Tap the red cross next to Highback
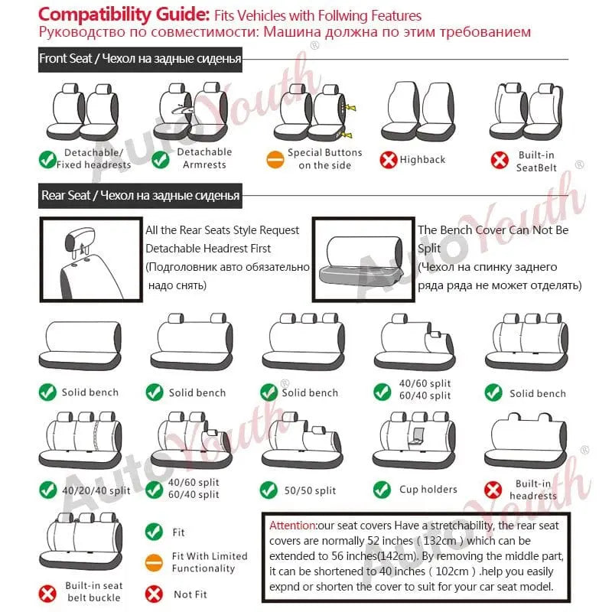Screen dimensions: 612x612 pyautogui.click(x=389, y=160)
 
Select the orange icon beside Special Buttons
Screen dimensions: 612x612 pyautogui.click(x=275, y=160)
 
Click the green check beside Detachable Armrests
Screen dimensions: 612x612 pyautogui.click(x=161, y=159)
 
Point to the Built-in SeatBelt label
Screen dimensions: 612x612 pyautogui.click(x=535, y=161)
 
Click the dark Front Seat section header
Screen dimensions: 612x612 pyautogui.click(x=141, y=59)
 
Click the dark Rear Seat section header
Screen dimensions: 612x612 pyautogui.click(x=141, y=196)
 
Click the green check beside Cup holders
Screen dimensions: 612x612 pyautogui.click(x=382, y=490)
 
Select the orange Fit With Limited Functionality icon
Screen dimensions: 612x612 pyautogui.click(x=155, y=562)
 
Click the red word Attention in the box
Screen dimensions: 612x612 pyautogui.click(x=292, y=526)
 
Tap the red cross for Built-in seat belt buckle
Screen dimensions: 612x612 pyautogui.click(x=49, y=592)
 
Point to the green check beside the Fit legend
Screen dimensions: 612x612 pyautogui.click(x=155, y=532)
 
